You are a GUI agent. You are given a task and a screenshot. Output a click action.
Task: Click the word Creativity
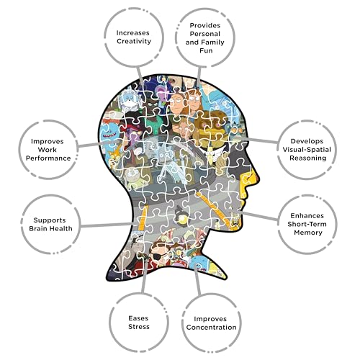point(134,41)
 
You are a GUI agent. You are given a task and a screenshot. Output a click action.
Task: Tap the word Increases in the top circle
point(133,32)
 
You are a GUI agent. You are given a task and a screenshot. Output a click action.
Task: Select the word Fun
point(206,50)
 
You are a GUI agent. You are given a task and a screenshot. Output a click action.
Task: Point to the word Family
point(212,42)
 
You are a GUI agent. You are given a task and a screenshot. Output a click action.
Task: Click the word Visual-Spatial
point(307,150)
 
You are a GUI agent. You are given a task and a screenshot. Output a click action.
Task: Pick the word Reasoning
point(308,158)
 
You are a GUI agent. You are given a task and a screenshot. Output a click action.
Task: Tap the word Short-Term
point(307,224)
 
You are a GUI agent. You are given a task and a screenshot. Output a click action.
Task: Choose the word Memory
point(308,233)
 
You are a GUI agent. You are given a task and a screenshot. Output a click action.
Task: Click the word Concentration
point(211,328)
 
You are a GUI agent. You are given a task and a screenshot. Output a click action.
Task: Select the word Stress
point(139,327)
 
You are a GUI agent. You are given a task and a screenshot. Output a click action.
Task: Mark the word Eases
point(138,318)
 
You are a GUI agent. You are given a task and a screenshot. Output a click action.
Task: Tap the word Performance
point(48,158)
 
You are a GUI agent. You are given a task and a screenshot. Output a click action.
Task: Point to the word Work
point(48,150)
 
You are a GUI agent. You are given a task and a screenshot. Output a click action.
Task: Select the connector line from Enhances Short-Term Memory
point(258,216)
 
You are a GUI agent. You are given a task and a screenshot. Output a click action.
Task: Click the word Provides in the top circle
point(205,25)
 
